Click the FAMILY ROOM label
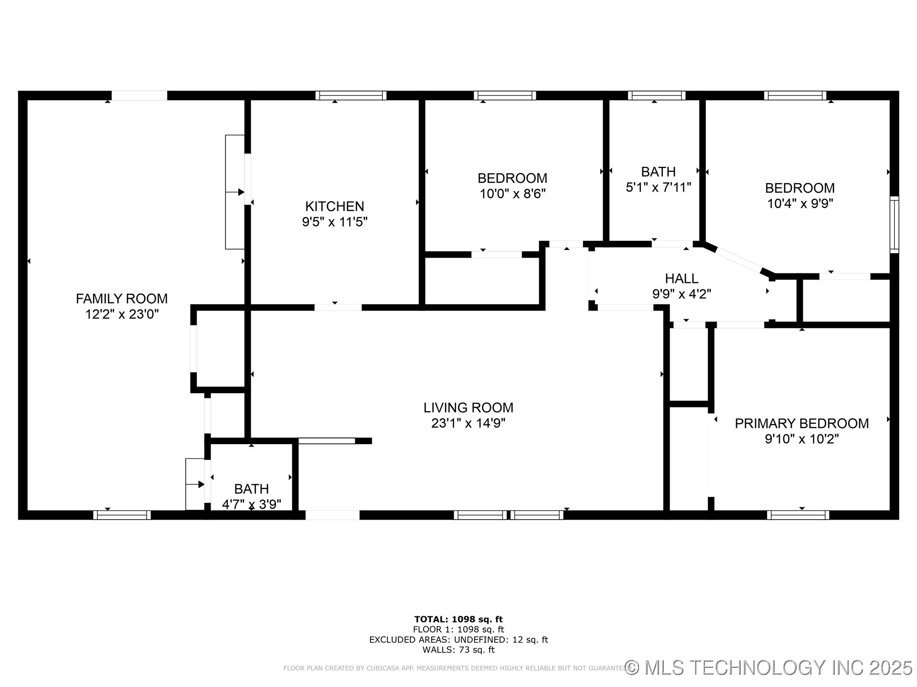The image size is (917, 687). tap(122, 299)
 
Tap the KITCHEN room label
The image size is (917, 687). tap(335, 206)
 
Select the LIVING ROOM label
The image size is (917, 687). tap(469, 407)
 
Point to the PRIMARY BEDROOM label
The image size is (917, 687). tap(802, 423)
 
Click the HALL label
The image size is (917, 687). tap(682, 278)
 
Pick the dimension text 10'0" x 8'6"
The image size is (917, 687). tap(512, 194)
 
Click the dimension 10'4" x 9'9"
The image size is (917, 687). tap(800, 204)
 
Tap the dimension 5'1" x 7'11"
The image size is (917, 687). tap(659, 187)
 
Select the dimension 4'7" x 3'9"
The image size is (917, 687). tap(252, 504)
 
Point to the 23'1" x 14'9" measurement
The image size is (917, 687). tap(469, 423)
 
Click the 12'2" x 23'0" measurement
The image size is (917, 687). tap(122, 314)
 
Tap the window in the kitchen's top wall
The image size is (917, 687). tap(351, 95)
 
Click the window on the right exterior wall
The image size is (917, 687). tap(895, 224)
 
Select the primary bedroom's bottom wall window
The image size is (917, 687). tap(798, 515)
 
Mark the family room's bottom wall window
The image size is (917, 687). tap(122, 515)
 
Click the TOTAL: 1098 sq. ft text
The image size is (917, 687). tap(458, 619)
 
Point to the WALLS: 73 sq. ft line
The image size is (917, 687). tap(458, 650)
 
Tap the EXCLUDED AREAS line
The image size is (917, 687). tap(458, 640)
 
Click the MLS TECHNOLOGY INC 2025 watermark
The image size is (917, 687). tap(769, 667)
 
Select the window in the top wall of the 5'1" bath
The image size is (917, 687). tap(657, 95)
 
